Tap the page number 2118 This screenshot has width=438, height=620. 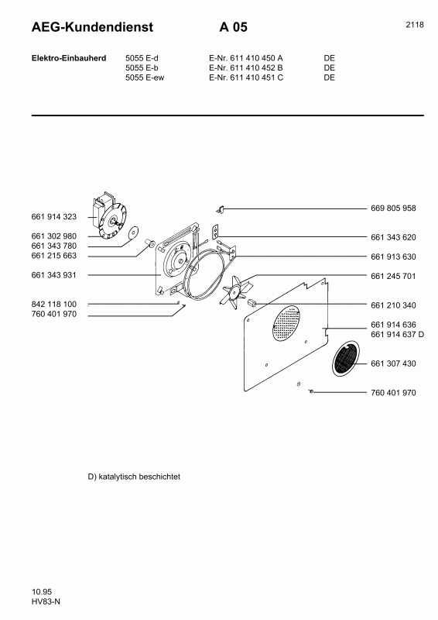point(414,25)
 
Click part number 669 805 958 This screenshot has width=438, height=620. point(393,208)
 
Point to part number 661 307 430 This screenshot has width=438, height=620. point(393,363)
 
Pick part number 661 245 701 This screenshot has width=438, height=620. point(393,276)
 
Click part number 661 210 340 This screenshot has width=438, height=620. point(393,305)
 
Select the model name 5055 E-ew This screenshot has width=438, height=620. point(145,77)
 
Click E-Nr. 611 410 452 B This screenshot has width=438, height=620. point(246,67)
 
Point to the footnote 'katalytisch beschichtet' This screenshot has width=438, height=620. point(135,477)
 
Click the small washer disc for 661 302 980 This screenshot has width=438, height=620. point(132,232)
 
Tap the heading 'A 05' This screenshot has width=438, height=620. point(233,28)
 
